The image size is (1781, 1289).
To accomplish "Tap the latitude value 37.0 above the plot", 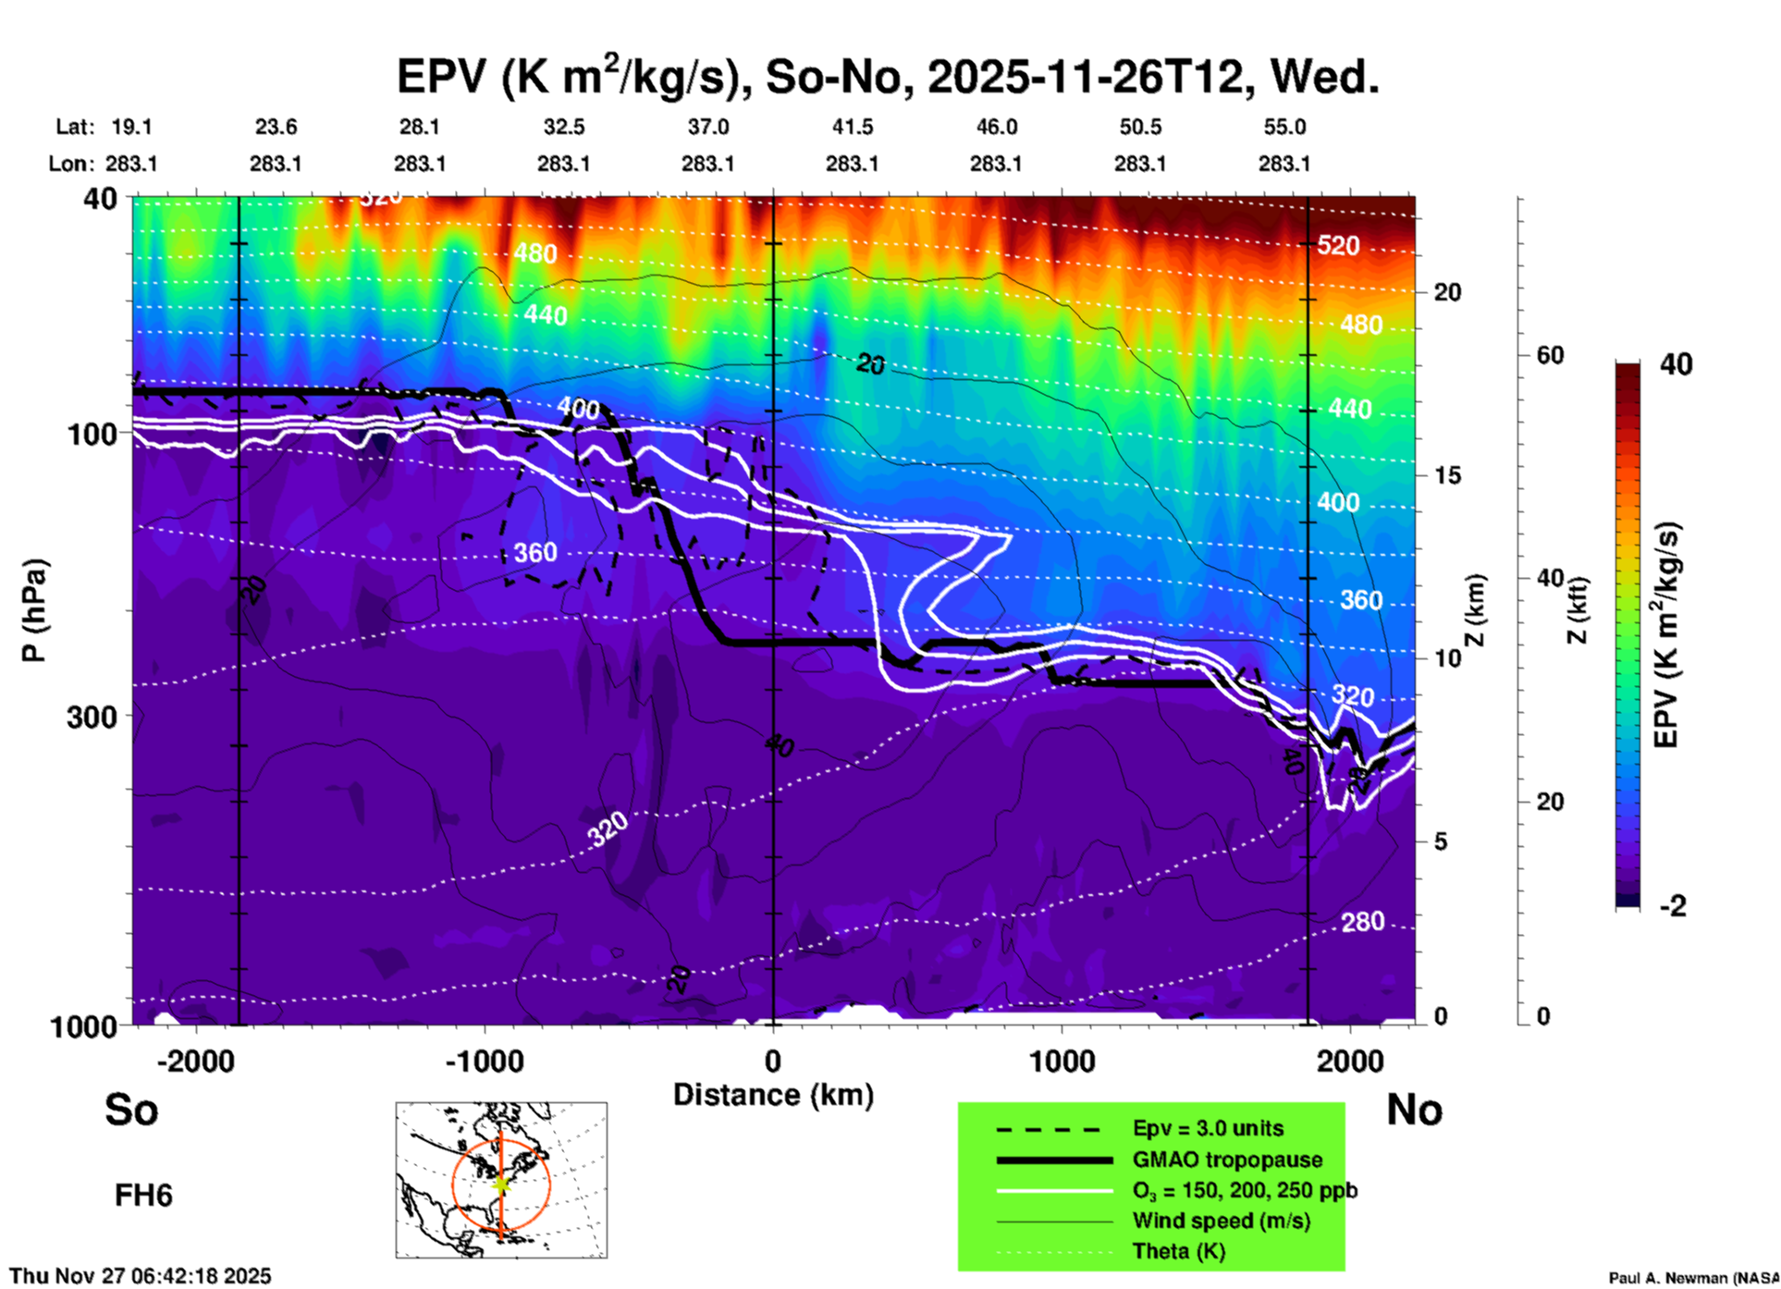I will click(707, 127).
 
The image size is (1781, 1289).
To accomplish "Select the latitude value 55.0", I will click(1284, 127).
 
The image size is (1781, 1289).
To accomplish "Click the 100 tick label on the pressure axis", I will click(92, 434).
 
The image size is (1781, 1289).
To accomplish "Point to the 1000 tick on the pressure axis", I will click(83, 1025).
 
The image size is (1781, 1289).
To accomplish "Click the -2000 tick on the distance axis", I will click(195, 1062).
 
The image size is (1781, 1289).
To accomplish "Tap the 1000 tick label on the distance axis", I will click(1062, 1062).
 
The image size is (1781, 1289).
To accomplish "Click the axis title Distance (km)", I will click(773, 1095).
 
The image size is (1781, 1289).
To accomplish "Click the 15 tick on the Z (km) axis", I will click(1447, 475).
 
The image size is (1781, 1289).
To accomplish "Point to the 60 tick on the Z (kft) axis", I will click(1550, 355).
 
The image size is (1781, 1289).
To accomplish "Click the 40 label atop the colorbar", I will click(1676, 364).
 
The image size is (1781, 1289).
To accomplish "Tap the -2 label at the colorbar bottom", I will click(1673, 906).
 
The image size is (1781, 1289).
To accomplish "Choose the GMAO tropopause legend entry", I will click(1227, 1160).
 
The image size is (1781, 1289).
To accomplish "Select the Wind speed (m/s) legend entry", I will click(1221, 1221).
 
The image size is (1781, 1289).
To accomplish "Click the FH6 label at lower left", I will click(143, 1196).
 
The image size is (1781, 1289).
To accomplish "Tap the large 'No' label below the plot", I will click(1414, 1110).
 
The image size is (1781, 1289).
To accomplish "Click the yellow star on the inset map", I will click(501, 1183).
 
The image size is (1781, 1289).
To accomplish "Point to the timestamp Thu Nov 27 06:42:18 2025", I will click(141, 1276).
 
